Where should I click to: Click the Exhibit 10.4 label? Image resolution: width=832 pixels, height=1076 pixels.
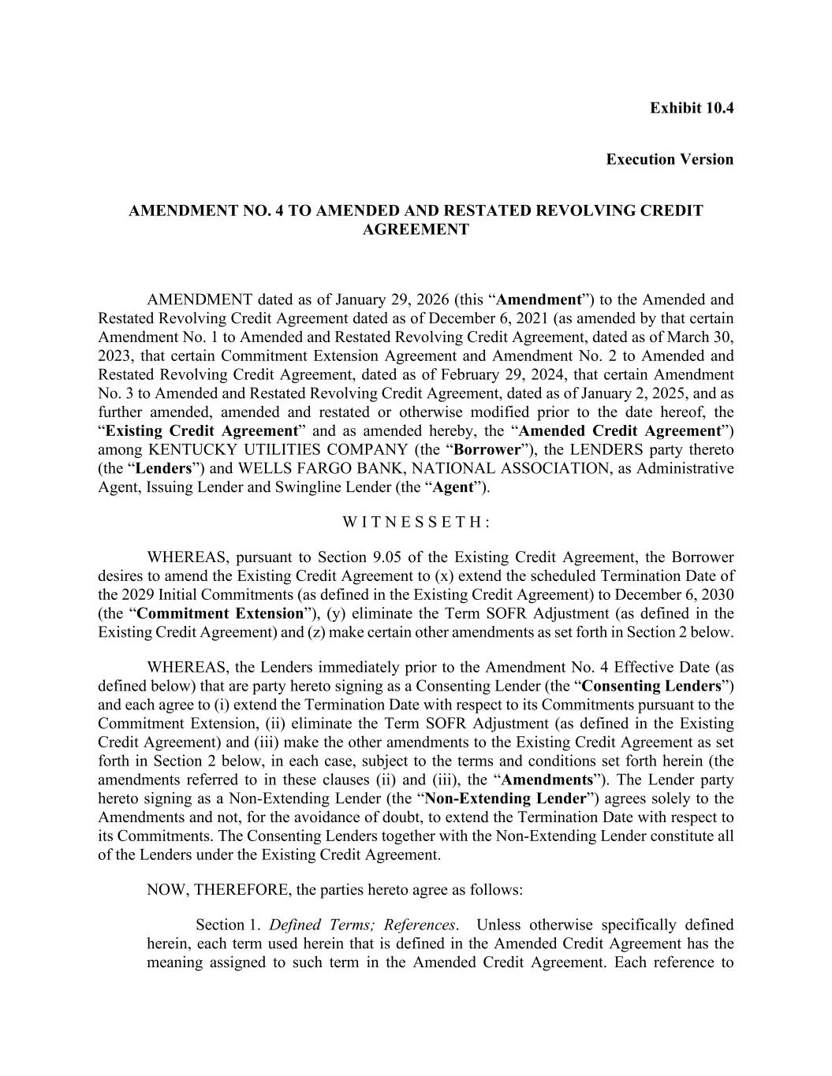pyautogui.click(x=691, y=108)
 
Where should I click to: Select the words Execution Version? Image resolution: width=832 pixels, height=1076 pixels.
pyautogui.click(x=669, y=160)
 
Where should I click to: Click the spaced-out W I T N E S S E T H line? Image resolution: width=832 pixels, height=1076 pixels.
pyautogui.click(x=416, y=522)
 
